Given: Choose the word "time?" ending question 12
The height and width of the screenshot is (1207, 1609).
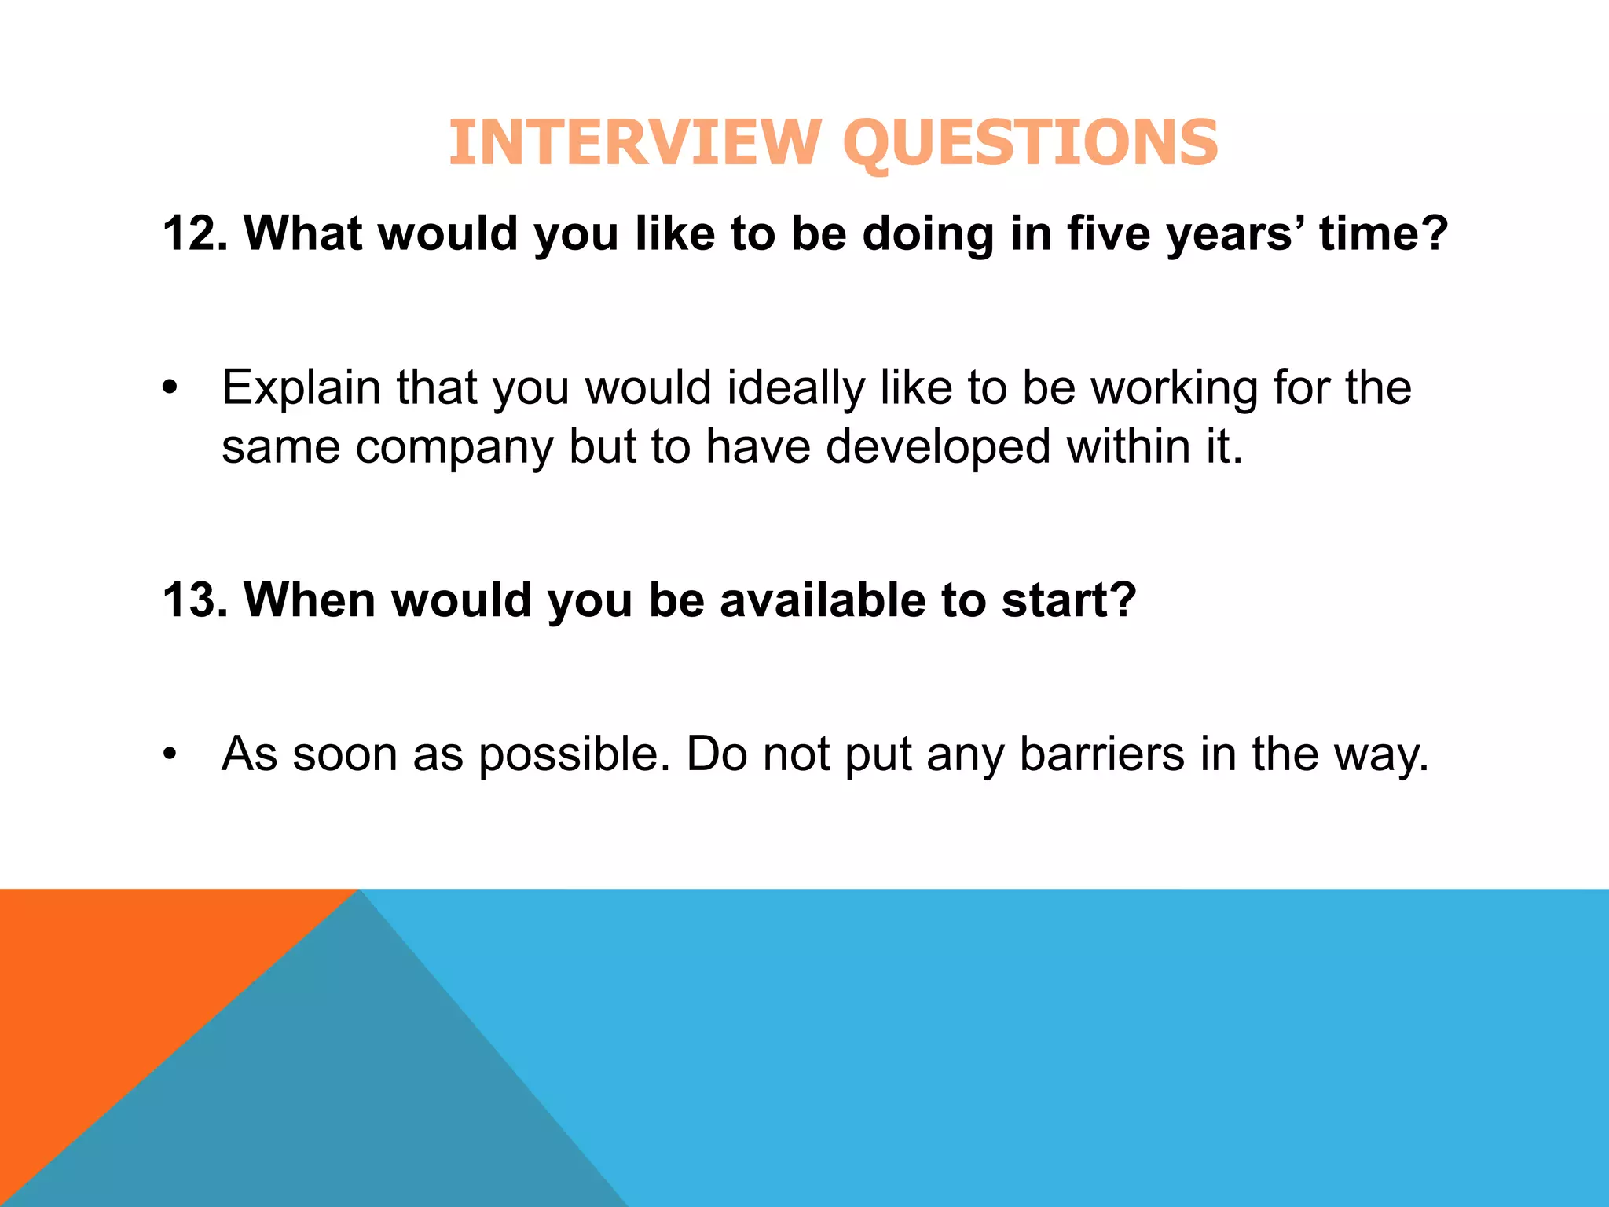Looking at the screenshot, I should click(x=1384, y=233).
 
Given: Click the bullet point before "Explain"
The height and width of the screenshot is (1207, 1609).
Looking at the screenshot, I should click(x=170, y=388).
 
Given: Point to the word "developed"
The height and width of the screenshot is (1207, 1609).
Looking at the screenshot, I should click(x=938, y=448).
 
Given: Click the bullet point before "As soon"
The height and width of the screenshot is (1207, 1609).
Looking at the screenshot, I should click(x=170, y=754).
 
